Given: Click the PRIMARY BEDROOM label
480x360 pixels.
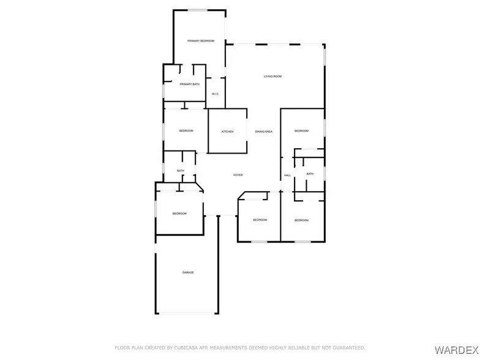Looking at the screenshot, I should [201, 40].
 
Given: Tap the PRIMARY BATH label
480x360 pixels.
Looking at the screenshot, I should [189, 84].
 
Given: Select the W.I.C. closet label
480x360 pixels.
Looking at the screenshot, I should [215, 94].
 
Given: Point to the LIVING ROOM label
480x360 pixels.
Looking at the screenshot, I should [272, 77].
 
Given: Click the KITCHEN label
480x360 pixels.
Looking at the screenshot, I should [227, 132].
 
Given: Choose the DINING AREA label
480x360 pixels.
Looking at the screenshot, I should [263, 132].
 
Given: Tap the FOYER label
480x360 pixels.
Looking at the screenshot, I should [238, 175].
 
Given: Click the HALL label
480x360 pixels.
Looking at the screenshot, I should [287, 176].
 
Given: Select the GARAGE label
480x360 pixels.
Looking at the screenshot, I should [188, 272].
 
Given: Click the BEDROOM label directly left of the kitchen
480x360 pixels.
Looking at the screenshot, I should [186, 131].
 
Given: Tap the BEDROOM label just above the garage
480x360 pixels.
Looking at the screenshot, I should [179, 213].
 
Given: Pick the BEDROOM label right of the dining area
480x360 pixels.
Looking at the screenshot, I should [301, 131].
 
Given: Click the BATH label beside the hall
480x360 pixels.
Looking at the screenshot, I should [310, 174].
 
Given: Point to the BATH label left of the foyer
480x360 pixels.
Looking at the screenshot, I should [181, 171].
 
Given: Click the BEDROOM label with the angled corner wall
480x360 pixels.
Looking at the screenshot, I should [260, 220].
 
